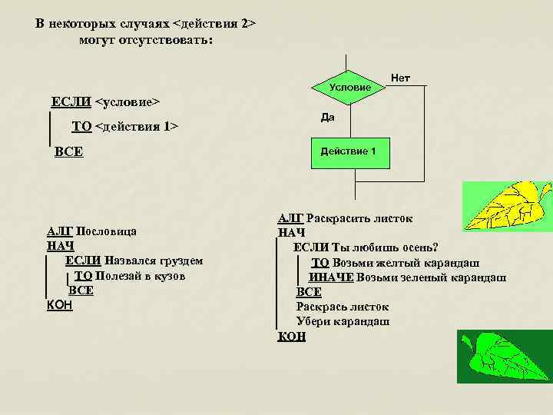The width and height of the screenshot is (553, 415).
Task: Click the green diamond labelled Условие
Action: click(349, 87)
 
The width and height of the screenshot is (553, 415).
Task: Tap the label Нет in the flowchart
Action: click(401, 78)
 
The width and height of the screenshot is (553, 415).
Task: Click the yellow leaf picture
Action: click(507, 206)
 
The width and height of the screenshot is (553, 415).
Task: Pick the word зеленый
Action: click(411, 277)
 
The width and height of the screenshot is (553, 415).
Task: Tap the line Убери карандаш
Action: click(343, 321)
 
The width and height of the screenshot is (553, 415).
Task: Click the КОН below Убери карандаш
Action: click(292, 336)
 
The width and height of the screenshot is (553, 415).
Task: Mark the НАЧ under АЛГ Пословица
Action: click(61, 246)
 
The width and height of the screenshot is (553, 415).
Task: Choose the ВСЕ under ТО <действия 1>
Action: click(69, 152)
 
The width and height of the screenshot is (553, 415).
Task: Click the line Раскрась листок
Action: click(343, 307)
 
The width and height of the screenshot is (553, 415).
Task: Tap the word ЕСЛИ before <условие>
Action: click(71, 101)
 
